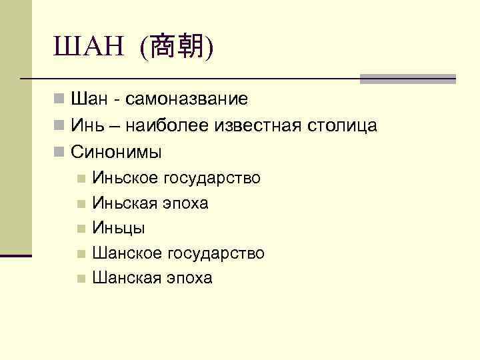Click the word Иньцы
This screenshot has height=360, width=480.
coord(119,228)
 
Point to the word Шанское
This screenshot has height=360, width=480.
coord(127,253)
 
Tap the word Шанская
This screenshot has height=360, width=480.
coord(127,278)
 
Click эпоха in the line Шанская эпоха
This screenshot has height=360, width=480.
coord(189,278)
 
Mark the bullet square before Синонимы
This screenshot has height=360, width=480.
coord(60,151)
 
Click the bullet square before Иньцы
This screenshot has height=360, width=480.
coord(81,229)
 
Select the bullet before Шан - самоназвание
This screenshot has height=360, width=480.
coord(60,100)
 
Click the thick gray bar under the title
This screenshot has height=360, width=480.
coord(407,79)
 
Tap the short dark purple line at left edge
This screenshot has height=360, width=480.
coord(16,255)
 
